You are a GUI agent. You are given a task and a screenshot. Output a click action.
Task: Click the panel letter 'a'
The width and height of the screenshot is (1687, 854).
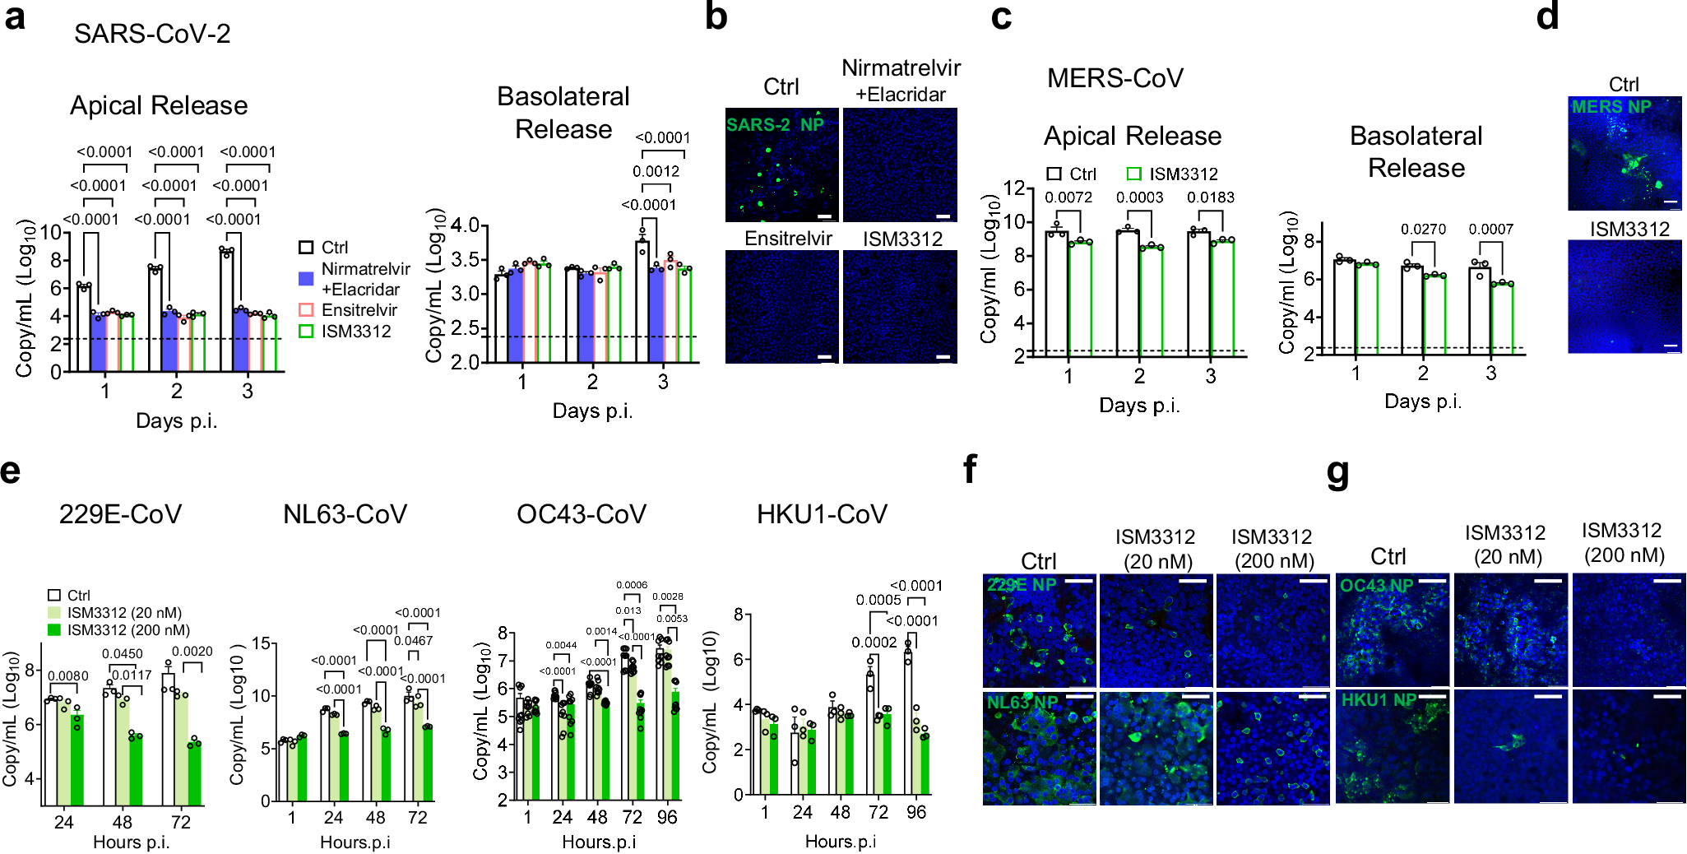[x=15, y=18]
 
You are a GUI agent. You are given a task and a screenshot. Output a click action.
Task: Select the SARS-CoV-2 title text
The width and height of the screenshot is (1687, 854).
[x=152, y=34]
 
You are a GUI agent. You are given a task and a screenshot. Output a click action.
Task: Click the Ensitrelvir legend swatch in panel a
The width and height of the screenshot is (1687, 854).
[x=306, y=310]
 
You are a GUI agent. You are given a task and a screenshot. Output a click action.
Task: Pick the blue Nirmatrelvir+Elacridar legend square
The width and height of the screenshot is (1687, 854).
[x=306, y=279]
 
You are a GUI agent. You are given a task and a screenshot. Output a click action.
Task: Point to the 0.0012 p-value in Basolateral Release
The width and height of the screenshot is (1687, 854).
[x=656, y=171]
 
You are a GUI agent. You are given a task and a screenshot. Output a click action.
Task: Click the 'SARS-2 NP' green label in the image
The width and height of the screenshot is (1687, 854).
[x=774, y=125]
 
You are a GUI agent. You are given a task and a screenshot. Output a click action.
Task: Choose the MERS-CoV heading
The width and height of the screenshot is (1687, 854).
[x=1115, y=78]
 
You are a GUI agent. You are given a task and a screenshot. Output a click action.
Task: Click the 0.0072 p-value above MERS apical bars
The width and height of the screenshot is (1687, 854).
[x=1068, y=197]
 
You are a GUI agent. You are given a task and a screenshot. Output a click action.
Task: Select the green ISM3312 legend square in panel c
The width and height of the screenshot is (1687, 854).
[x=1133, y=174]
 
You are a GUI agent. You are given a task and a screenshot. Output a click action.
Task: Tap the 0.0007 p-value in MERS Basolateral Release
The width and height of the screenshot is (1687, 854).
[x=1490, y=230]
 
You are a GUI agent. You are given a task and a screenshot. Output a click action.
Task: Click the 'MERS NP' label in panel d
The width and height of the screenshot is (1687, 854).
[x=1611, y=107]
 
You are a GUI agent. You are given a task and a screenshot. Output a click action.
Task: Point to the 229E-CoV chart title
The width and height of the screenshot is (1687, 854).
[x=120, y=514]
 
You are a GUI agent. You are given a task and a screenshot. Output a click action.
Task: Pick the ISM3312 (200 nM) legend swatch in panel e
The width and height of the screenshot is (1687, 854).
[x=55, y=629]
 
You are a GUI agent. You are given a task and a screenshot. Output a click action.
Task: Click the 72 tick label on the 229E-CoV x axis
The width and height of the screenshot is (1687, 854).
[x=181, y=822]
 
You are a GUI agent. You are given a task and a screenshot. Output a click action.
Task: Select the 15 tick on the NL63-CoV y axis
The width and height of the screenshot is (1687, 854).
[x=261, y=643]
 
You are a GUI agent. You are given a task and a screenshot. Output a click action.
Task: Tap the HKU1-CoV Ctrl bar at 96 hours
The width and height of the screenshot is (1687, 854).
[x=908, y=724]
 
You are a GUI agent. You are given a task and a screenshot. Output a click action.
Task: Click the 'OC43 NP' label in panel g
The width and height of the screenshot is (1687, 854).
[x=1376, y=586]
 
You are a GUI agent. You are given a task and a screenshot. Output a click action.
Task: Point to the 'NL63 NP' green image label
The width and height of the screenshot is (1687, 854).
[x=1022, y=702]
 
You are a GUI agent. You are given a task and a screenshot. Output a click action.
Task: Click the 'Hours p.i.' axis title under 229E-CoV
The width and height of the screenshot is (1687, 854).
[x=132, y=842]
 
